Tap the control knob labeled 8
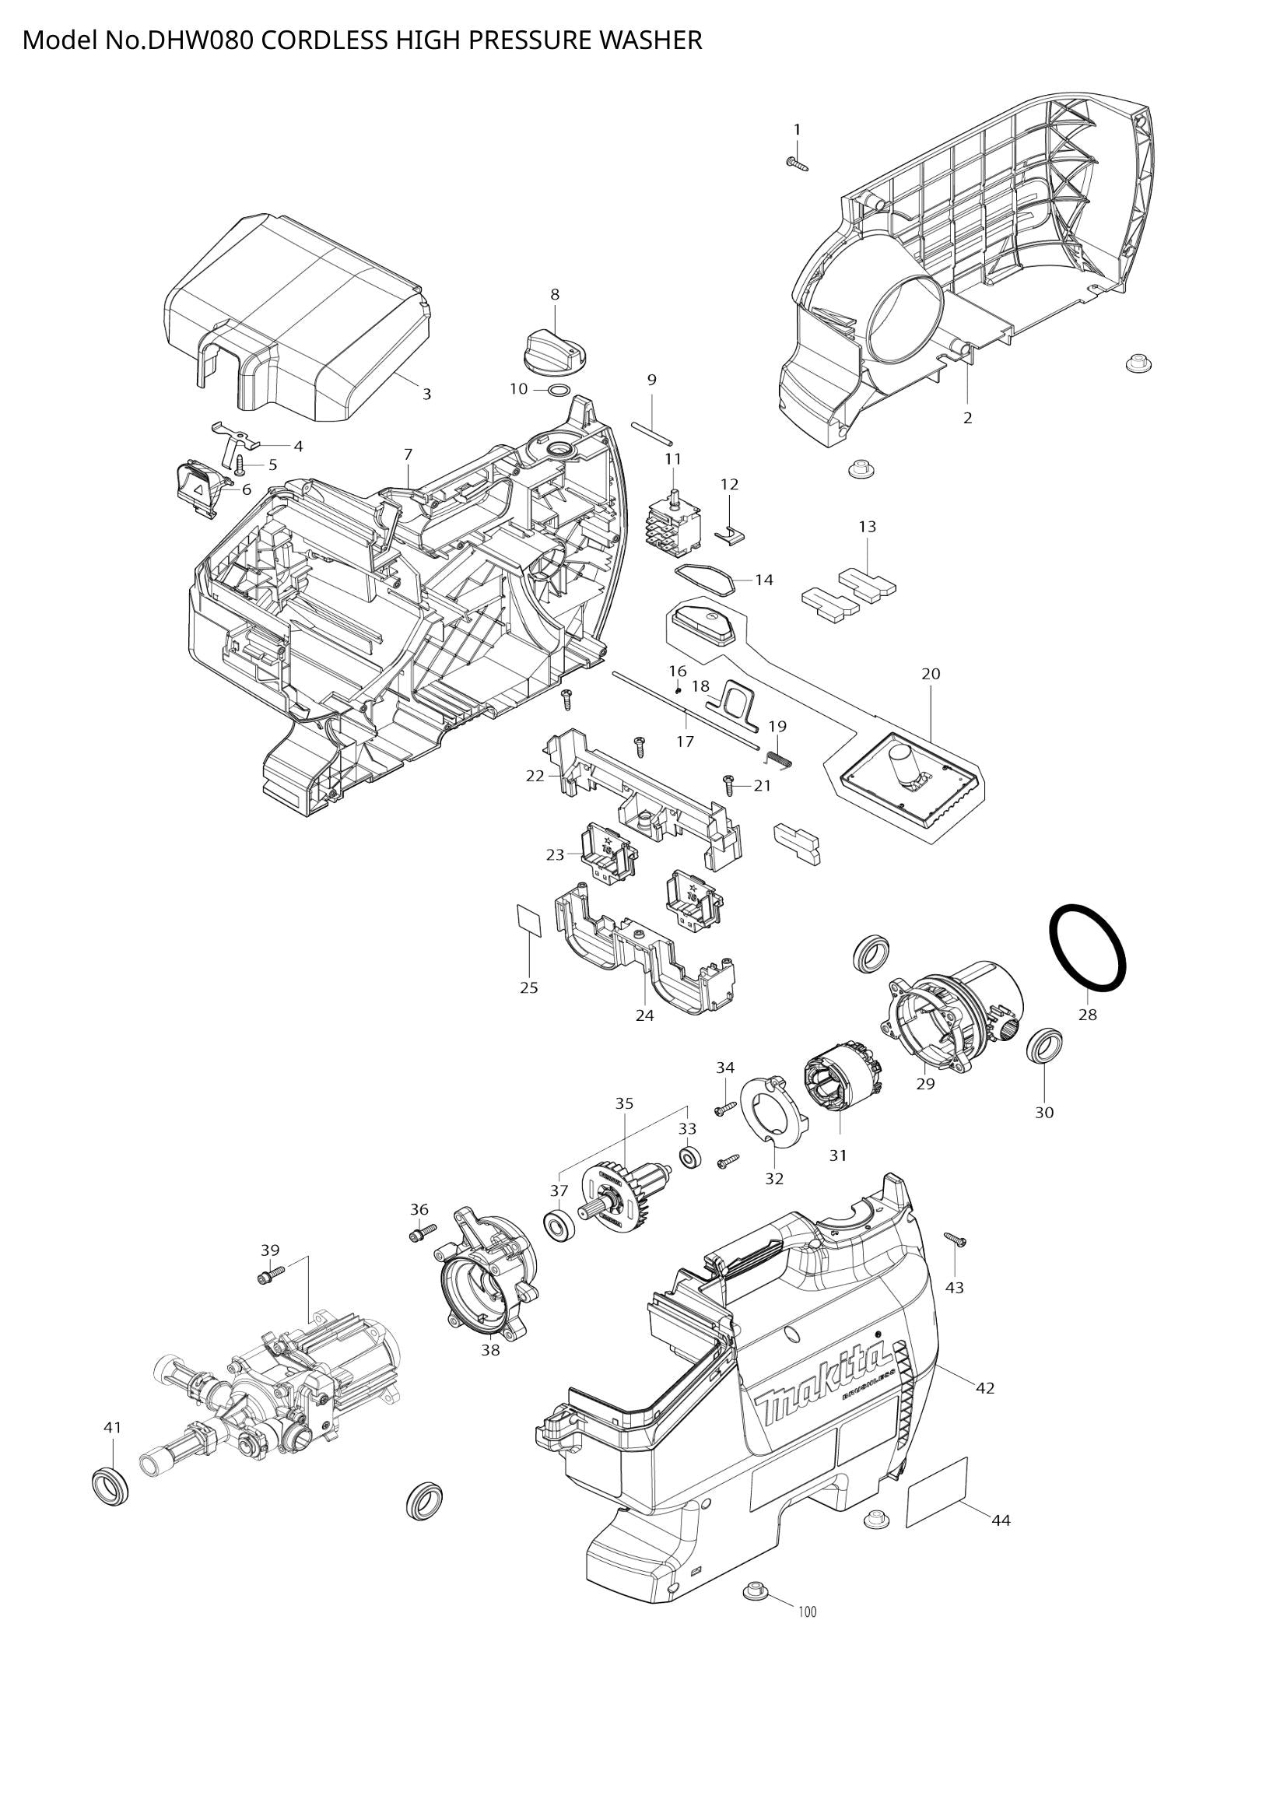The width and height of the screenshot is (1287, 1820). (x=555, y=349)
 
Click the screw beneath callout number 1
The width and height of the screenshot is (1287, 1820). (x=798, y=163)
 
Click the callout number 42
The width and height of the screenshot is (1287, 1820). (x=984, y=1388)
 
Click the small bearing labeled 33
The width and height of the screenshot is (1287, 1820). (x=689, y=1158)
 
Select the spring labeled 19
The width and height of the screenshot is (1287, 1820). (x=780, y=759)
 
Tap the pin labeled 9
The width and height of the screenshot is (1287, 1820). (x=652, y=430)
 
